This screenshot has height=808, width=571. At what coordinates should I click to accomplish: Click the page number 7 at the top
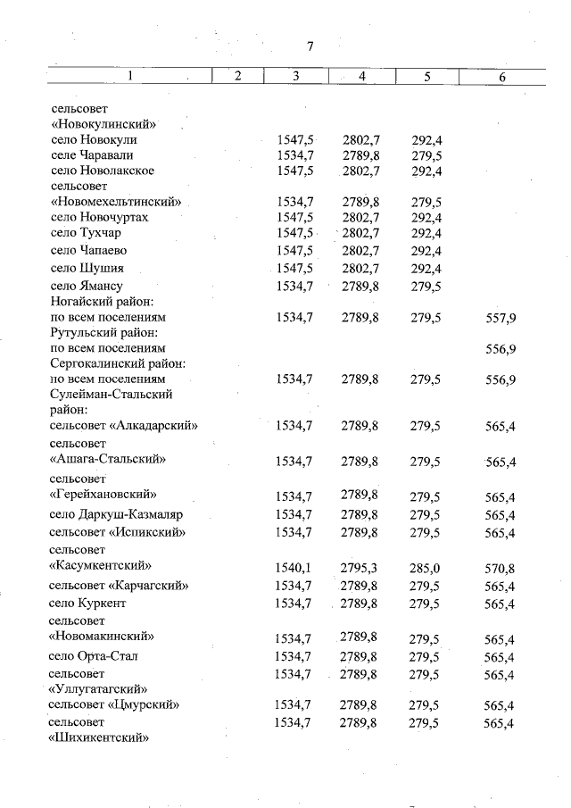310,46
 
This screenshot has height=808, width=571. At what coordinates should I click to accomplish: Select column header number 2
237,76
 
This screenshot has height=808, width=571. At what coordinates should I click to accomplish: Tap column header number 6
502,77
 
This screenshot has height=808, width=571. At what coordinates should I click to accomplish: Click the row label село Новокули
95,140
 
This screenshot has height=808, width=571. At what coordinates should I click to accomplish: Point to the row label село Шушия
87,268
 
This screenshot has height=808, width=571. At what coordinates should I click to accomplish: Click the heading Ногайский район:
103,302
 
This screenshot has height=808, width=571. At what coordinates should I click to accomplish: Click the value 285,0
426,568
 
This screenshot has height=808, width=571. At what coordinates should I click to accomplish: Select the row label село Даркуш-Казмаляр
117,514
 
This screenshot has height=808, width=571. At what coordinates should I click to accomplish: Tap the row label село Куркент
88,604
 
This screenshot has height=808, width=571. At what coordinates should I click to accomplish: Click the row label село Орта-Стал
95,656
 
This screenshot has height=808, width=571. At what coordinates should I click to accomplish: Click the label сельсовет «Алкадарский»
123,426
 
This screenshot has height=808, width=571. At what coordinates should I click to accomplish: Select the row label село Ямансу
87,287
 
